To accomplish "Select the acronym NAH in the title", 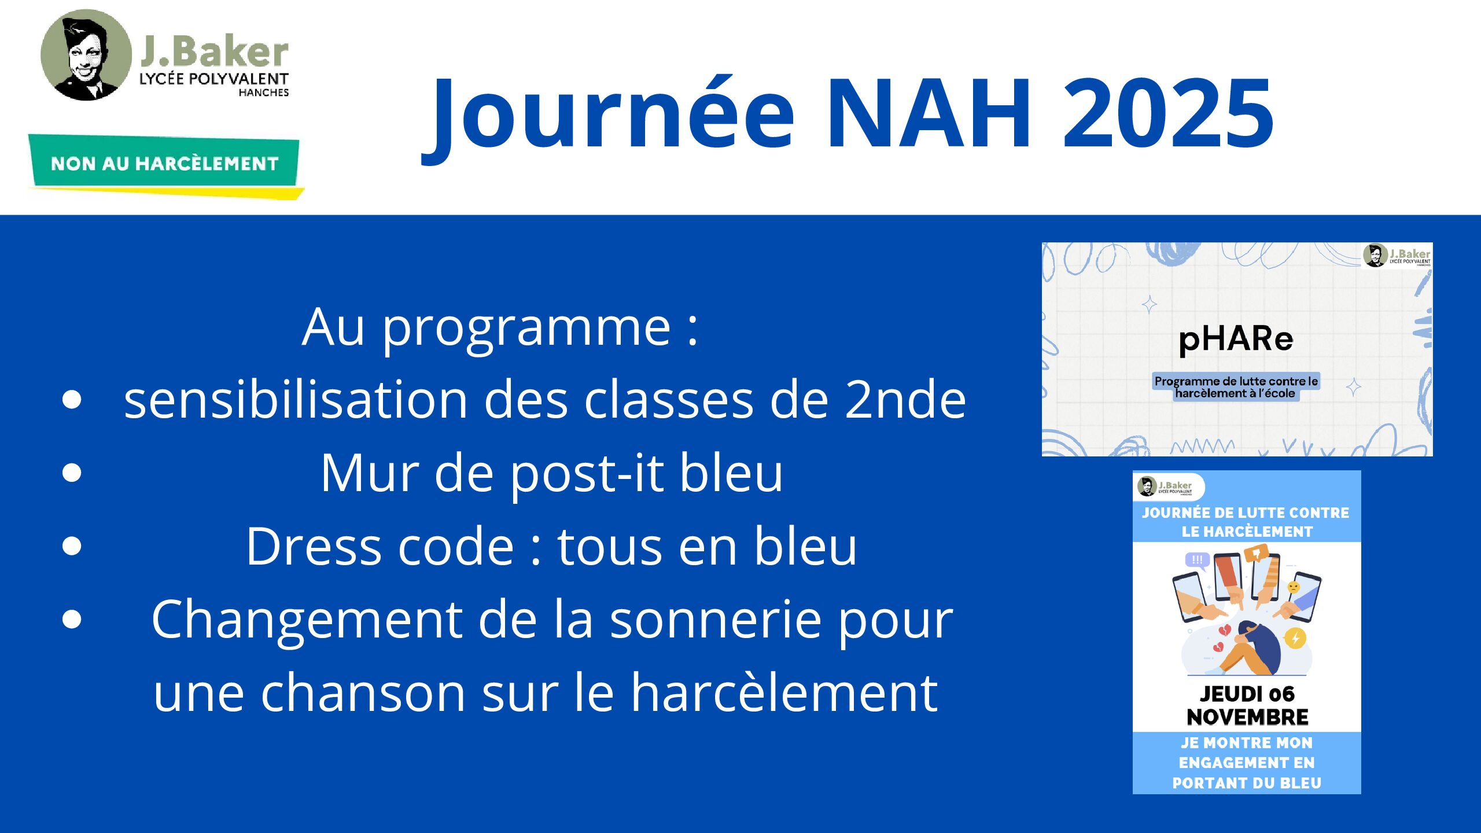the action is (929, 113).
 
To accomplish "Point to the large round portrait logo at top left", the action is (86, 55).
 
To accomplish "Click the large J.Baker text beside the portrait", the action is (214, 52).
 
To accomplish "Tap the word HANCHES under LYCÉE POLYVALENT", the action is (264, 93).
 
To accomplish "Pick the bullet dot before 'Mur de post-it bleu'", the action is (72, 473).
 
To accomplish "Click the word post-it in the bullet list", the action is (585, 474).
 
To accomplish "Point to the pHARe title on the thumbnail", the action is (1236, 340).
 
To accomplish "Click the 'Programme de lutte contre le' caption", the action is (1236, 381).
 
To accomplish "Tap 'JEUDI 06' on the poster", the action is (1247, 694).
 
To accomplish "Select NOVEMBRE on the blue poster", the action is (1247, 717).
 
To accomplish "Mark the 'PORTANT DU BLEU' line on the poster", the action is (1247, 783).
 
